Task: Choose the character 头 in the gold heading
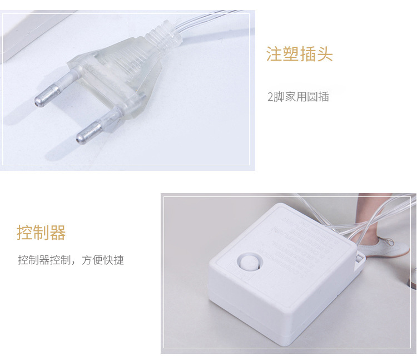click(x=325, y=55)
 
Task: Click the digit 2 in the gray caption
click(x=270, y=97)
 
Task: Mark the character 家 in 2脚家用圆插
click(x=290, y=97)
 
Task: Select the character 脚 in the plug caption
click(x=279, y=97)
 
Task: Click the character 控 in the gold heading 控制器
click(x=25, y=233)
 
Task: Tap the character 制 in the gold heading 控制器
click(x=42, y=233)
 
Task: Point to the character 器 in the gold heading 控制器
click(x=58, y=233)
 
